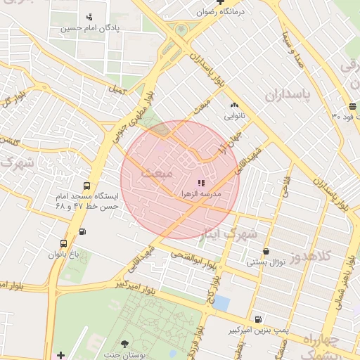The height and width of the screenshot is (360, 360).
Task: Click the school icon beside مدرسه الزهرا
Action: coord(192,183)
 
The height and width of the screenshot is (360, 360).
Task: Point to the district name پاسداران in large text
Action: coord(288,94)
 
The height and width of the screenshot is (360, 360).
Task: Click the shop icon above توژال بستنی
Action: coord(266,251)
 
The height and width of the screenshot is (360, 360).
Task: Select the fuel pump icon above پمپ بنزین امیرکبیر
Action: coord(258,319)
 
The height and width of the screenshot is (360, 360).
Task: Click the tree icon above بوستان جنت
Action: coord(125,344)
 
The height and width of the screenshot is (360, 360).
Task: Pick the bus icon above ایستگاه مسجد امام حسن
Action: coord(86,186)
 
